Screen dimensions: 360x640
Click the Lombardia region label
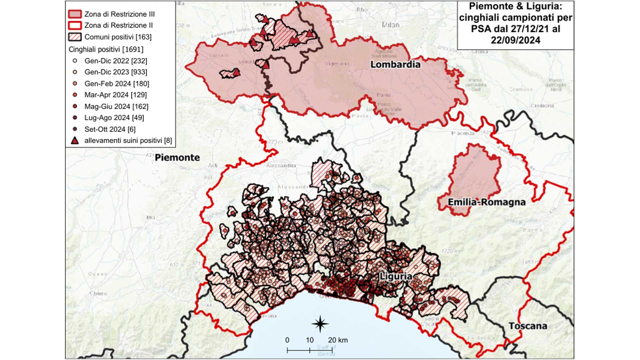point(395,64)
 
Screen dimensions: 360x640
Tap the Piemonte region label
point(177,158)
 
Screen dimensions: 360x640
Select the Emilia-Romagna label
point(487,202)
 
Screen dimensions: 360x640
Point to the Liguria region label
point(396,276)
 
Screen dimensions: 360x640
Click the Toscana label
point(528,326)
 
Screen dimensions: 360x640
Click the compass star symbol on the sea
point(320,324)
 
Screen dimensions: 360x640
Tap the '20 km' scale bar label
point(338,340)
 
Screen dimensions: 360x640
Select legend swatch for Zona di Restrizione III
point(75,14)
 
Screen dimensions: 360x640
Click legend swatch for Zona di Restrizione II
point(75,25)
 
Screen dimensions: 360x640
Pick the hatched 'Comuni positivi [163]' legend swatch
point(75,37)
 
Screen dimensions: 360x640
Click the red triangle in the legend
point(75,141)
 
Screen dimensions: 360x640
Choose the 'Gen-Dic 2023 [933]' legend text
point(116,72)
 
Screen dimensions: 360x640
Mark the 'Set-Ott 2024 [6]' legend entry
point(110,129)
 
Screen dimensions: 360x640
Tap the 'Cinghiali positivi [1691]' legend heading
point(106,49)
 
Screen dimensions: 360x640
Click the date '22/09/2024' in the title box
point(515,40)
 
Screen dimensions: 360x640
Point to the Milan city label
point(390,25)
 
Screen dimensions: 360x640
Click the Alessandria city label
point(281,166)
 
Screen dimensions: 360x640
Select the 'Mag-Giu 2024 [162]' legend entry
point(116,106)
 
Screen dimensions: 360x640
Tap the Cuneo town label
point(98,294)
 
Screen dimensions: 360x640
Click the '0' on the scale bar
point(287,340)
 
